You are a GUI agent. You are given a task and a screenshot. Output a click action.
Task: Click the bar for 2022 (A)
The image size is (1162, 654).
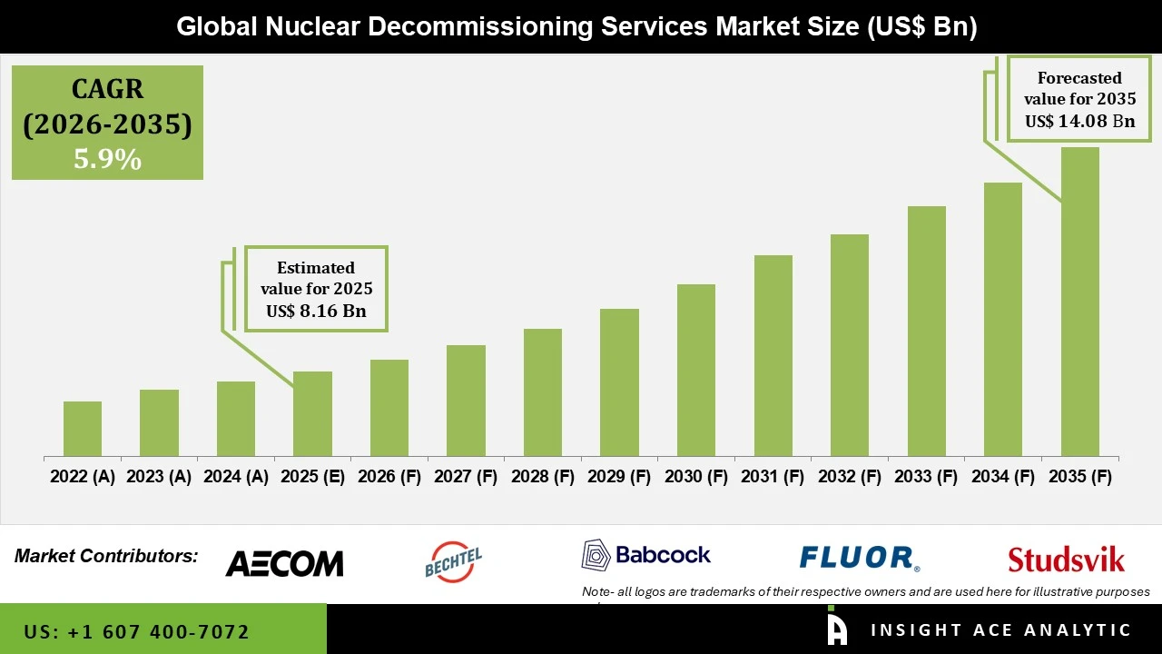coord(83,429)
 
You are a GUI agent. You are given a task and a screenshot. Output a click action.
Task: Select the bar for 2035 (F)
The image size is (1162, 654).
coord(1079,302)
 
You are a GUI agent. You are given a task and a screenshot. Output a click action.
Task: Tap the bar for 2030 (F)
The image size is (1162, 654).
coord(696,370)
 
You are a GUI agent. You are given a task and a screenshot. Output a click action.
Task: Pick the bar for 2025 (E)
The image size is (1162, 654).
coord(312,413)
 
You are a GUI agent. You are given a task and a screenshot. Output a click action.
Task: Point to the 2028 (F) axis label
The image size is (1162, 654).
coord(543,477)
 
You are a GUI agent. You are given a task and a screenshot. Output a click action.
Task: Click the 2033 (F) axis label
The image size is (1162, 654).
coord(926,477)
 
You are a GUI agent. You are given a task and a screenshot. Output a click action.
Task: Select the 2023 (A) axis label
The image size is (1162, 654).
coord(159,477)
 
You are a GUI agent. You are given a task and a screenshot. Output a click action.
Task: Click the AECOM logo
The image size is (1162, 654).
coord(284,563)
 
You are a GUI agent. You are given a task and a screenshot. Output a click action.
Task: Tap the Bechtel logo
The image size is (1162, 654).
coord(453,561)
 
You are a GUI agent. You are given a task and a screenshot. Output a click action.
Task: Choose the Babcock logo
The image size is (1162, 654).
coord(646,554)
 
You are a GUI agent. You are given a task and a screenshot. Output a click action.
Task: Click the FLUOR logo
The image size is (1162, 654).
coord(859,558)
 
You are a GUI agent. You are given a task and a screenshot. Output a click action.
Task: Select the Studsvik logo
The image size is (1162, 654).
coord(1066,560)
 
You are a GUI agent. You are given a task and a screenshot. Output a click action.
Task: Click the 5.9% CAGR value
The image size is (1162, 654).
coord(107,160)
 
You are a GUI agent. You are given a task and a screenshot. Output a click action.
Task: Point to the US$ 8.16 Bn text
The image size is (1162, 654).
coord(316,311)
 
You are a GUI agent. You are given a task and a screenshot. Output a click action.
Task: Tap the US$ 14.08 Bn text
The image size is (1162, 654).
coord(1079,121)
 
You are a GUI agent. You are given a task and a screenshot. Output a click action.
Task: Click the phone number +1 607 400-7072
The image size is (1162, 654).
coord(136,631)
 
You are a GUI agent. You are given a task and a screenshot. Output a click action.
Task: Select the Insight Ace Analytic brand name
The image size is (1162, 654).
coord(1000,630)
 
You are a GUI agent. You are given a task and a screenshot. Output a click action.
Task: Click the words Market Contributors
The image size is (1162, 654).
coord(106,556)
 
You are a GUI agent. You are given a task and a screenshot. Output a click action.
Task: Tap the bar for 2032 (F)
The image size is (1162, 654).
coord(849,345)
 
